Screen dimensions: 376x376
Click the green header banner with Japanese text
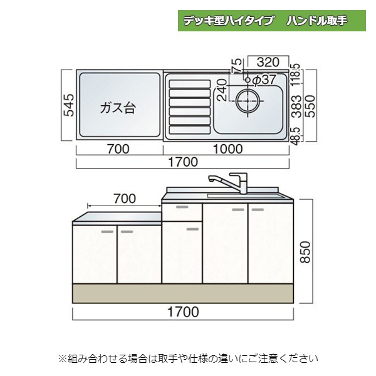pos(272,21)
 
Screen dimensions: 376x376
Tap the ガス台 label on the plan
pos(118,108)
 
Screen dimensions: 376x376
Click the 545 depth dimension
pos(70,105)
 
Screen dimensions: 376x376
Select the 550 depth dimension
pos(310,107)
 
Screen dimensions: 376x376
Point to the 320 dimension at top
pos(268,62)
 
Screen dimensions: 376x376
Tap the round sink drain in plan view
pos(248,101)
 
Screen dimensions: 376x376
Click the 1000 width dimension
pos(227,149)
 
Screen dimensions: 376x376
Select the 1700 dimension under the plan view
pos(183,162)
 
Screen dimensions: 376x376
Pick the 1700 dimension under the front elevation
pos(183,311)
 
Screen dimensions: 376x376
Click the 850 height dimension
pos(305,253)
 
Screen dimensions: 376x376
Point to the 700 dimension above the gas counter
pos(125,199)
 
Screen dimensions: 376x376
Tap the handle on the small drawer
pos(182,207)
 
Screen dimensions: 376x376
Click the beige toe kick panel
pos(183,293)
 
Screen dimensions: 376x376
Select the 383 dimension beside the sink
pos(296,107)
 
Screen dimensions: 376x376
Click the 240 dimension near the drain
pos(222,90)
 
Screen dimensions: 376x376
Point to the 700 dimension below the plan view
pos(118,149)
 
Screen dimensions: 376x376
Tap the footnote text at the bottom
pos(188,358)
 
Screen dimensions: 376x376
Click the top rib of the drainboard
pos(190,84)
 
